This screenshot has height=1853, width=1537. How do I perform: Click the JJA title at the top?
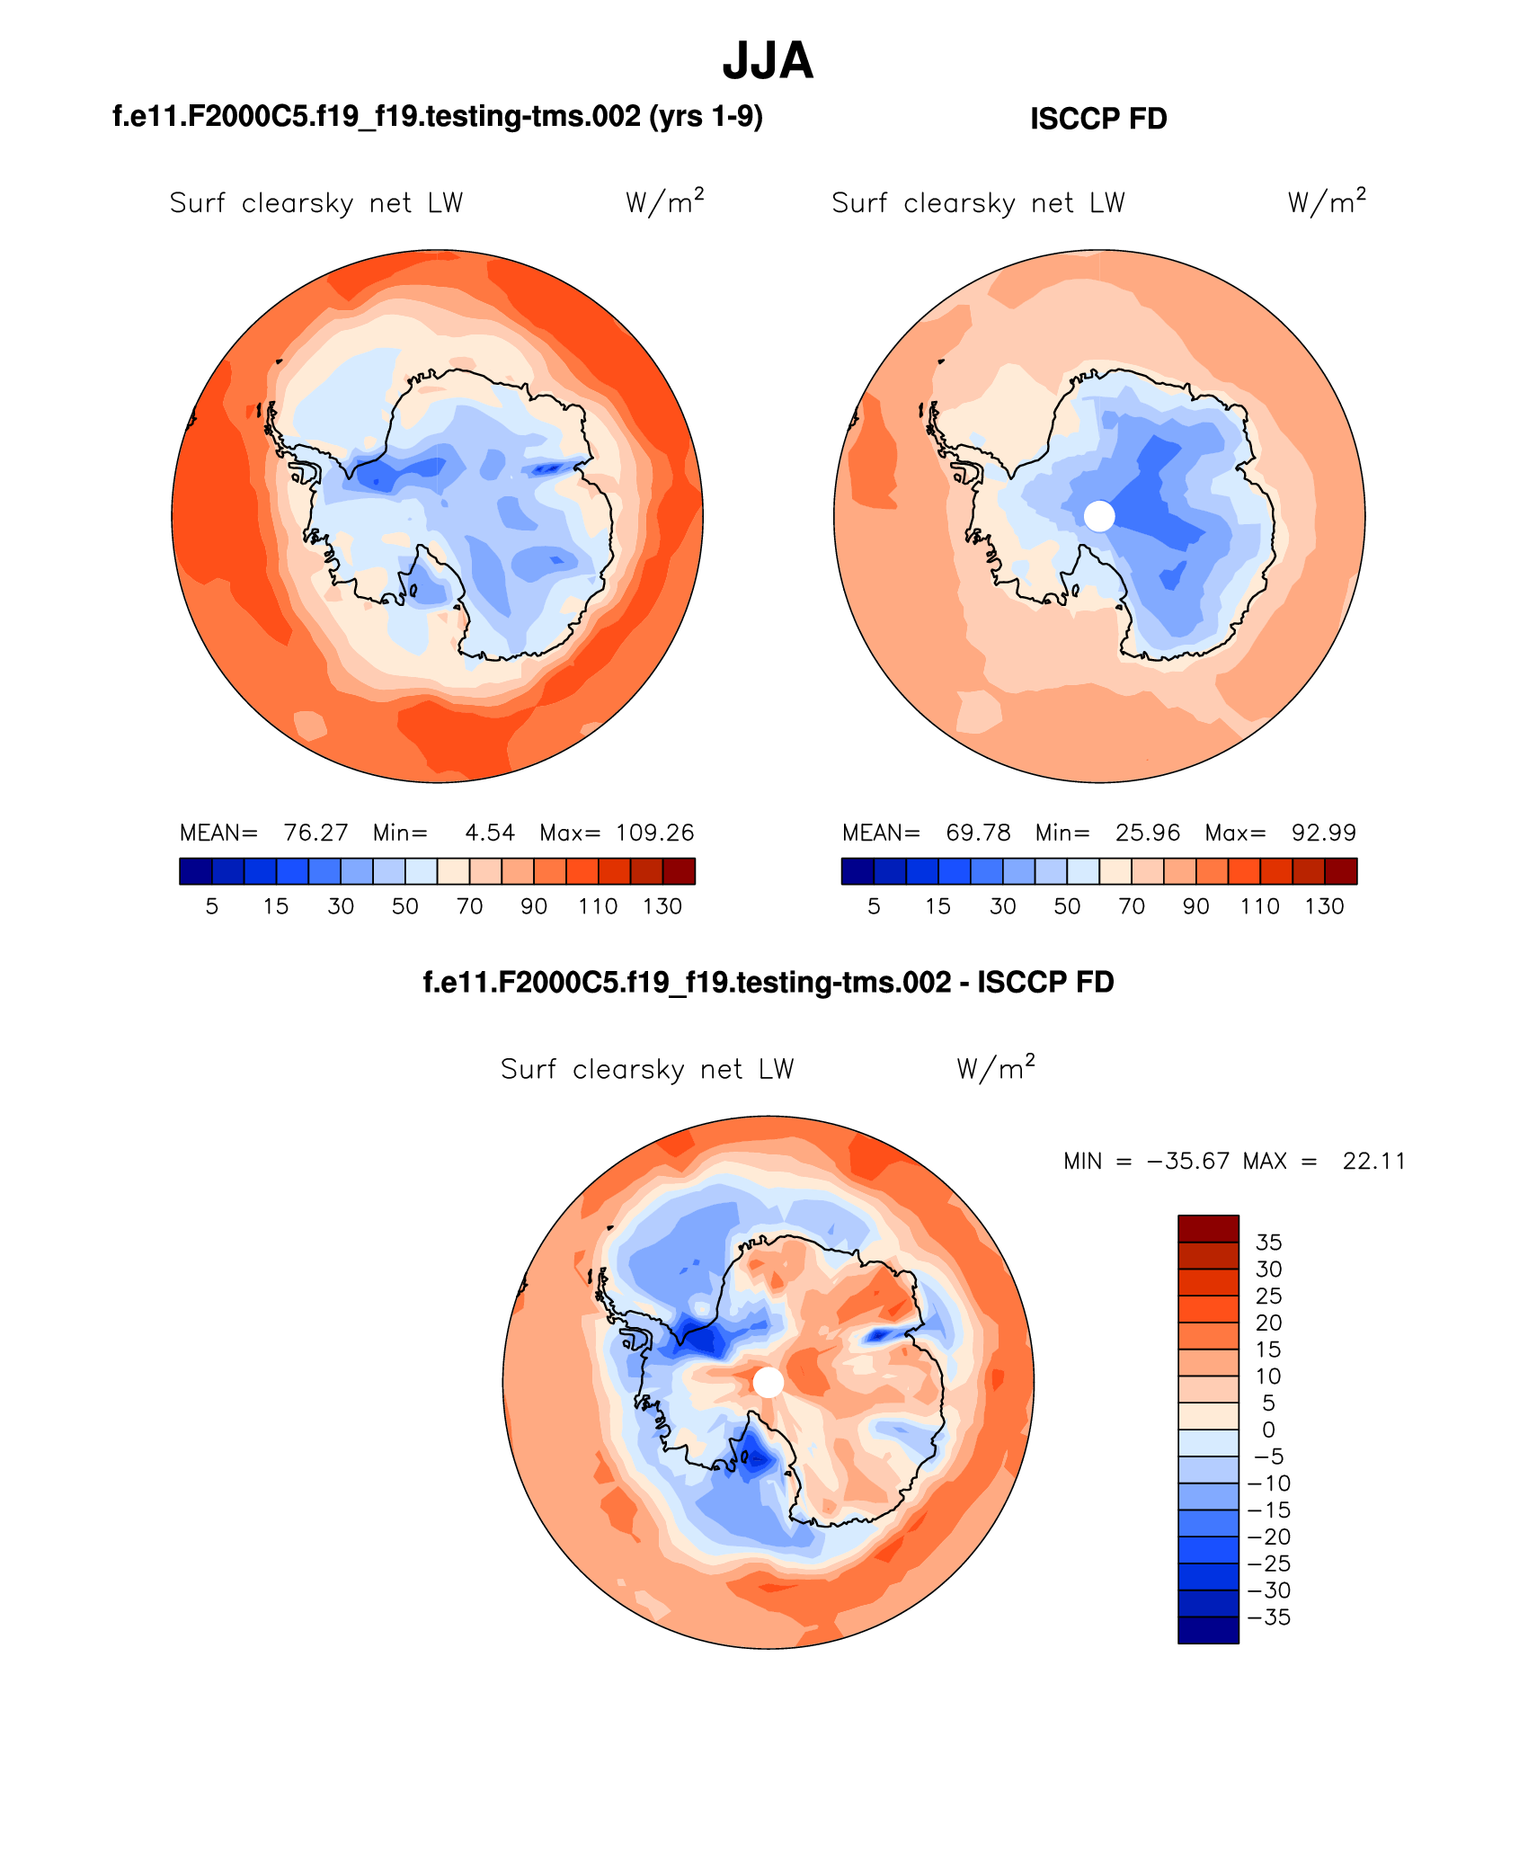tap(768, 61)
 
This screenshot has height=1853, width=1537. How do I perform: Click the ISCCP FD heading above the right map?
tap(1098, 119)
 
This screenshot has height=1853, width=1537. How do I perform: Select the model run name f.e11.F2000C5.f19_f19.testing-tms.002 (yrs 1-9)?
tap(438, 116)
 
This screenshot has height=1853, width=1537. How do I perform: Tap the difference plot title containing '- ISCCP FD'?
tap(768, 982)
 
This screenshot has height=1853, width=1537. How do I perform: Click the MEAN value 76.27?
tap(315, 833)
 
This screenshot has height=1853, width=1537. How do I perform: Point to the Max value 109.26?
tap(654, 833)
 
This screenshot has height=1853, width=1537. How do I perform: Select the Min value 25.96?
tap(1148, 833)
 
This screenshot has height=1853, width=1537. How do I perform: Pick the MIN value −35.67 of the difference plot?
tap(1187, 1161)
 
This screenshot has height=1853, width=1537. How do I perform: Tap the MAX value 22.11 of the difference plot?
tap(1373, 1161)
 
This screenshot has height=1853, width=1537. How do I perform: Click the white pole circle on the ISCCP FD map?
tap(1099, 516)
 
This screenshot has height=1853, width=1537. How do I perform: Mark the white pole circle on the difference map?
tap(768, 1382)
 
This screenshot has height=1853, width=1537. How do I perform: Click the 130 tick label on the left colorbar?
tap(662, 906)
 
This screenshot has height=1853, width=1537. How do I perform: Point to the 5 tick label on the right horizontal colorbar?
tap(874, 906)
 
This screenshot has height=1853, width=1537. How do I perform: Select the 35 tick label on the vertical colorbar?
tap(1268, 1243)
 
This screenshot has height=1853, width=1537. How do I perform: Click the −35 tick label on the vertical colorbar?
tap(1269, 1617)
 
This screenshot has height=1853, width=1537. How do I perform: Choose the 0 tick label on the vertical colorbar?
tap(1268, 1430)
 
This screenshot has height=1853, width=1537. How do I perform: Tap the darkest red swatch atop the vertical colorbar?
tap(1208, 1228)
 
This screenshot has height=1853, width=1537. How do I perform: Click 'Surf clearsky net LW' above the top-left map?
tap(316, 203)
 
